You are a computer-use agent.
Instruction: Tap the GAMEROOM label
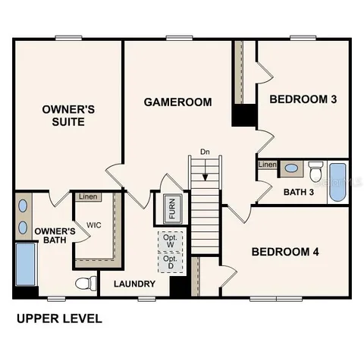tap(177, 102)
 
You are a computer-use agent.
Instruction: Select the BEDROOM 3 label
tap(303, 99)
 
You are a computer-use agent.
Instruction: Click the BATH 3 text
tap(299, 192)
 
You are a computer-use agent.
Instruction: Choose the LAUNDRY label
tap(135, 284)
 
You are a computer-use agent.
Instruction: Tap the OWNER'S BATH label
tap(55, 236)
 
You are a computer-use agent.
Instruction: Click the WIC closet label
tap(94, 225)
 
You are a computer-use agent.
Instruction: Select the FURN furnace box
tap(171, 209)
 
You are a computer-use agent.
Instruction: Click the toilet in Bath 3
tap(315, 169)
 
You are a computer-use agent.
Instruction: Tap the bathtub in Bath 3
tap(337, 182)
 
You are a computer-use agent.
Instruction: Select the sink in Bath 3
tap(292, 168)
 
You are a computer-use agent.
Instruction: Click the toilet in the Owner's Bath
tap(86, 284)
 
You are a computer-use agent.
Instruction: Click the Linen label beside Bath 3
tap(267, 165)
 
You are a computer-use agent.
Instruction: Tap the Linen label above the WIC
tap(88, 197)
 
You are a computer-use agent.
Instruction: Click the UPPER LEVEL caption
tap(59, 319)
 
